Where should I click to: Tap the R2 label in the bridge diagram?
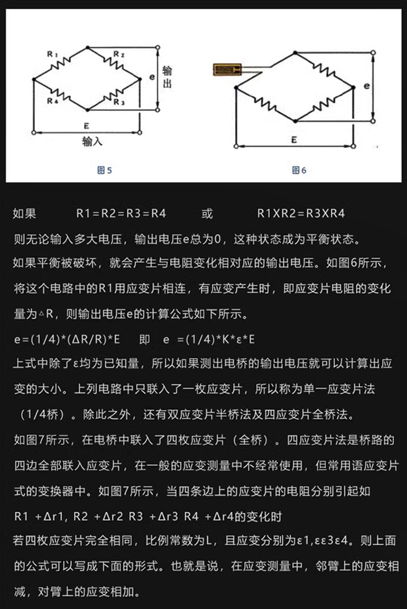[118, 54]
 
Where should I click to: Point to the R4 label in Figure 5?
[52, 101]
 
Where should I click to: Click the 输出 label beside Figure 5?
[167, 77]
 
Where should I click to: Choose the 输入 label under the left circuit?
[92, 142]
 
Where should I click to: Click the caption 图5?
[105, 170]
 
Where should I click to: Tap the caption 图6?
[299, 170]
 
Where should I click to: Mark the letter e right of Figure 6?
[366, 86]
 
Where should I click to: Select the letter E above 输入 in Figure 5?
[86, 125]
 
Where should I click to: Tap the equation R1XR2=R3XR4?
[301, 213]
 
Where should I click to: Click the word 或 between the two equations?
[207, 213]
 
